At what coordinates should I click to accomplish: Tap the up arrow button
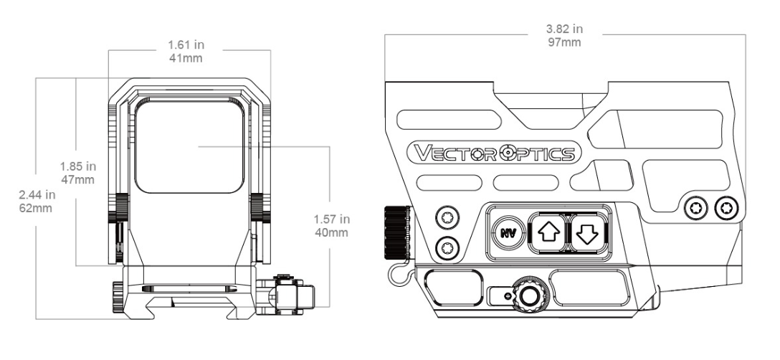[x=546, y=232]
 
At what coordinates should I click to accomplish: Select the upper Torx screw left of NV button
[x=447, y=217]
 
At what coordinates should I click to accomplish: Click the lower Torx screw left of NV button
[x=447, y=247]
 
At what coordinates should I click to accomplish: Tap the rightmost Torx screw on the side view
[x=726, y=208]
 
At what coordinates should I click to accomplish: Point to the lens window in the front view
[x=192, y=146]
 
